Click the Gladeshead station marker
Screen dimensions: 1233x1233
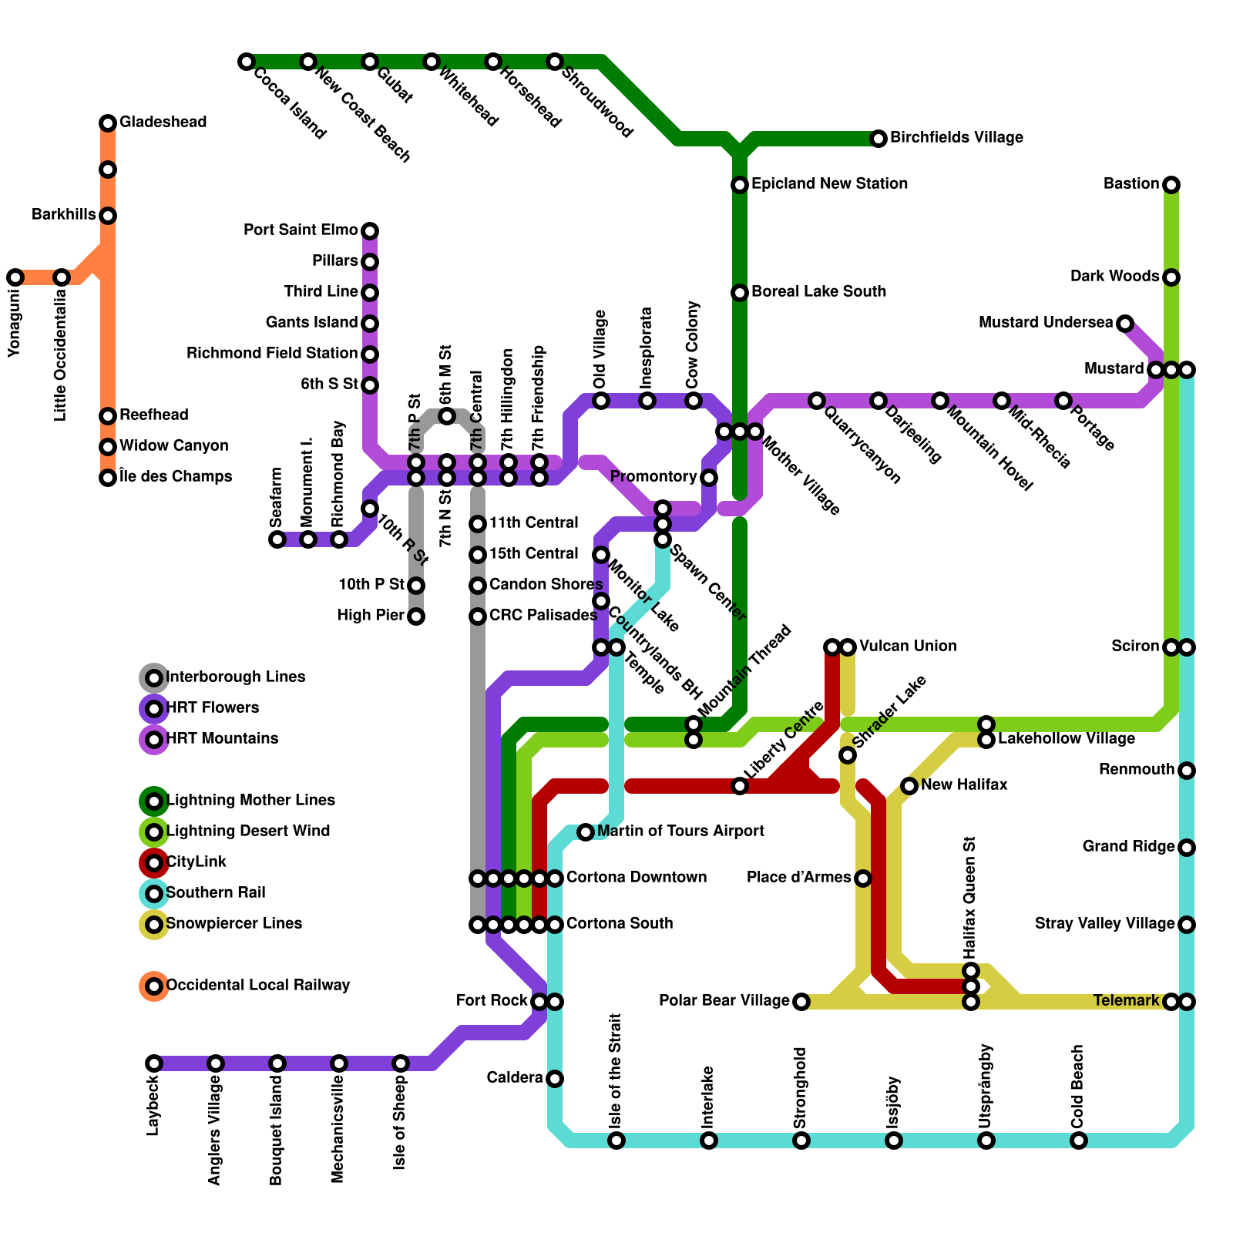[x=108, y=123]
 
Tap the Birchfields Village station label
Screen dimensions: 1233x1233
[x=956, y=138]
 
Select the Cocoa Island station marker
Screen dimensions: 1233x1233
[x=247, y=62]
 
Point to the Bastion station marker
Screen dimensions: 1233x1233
[x=1171, y=185]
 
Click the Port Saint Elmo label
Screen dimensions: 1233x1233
[x=301, y=230]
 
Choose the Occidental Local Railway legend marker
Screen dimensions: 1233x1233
[x=154, y=986]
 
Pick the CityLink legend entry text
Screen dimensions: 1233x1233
[x=197, y=862]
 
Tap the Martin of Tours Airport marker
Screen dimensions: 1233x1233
[x=586, y=832]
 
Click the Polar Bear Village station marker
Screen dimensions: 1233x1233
[x=801, y=1002]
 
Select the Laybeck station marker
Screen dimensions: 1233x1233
[x=154, y=1063]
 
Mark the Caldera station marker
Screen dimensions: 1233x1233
[x=555, y=1079]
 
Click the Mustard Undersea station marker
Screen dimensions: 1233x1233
[x=1125, y=324]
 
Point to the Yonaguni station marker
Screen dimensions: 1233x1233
[x=15, y=277]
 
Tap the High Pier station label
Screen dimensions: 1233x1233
[x=371, y=616]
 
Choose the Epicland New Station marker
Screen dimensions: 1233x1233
[x=740, y=185]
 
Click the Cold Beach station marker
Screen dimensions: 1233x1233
[x=1079, y=1141]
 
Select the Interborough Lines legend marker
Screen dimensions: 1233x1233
[x=154, y=678]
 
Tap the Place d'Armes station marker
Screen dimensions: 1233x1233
[x=863, y=879]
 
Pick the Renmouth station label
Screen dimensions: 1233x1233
[x=1137, y=770]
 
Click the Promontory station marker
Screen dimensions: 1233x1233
[x=709, y=478]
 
